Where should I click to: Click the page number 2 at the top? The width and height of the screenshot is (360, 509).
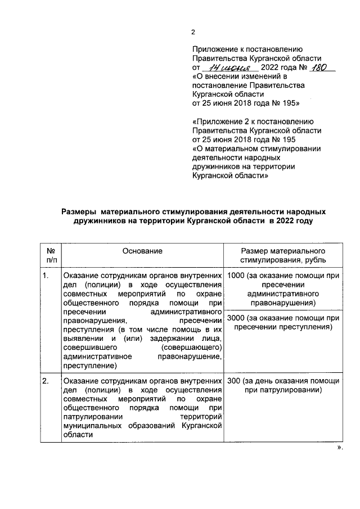(x=192, y=32)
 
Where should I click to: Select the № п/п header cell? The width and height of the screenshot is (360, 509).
(x=51, y=256)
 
